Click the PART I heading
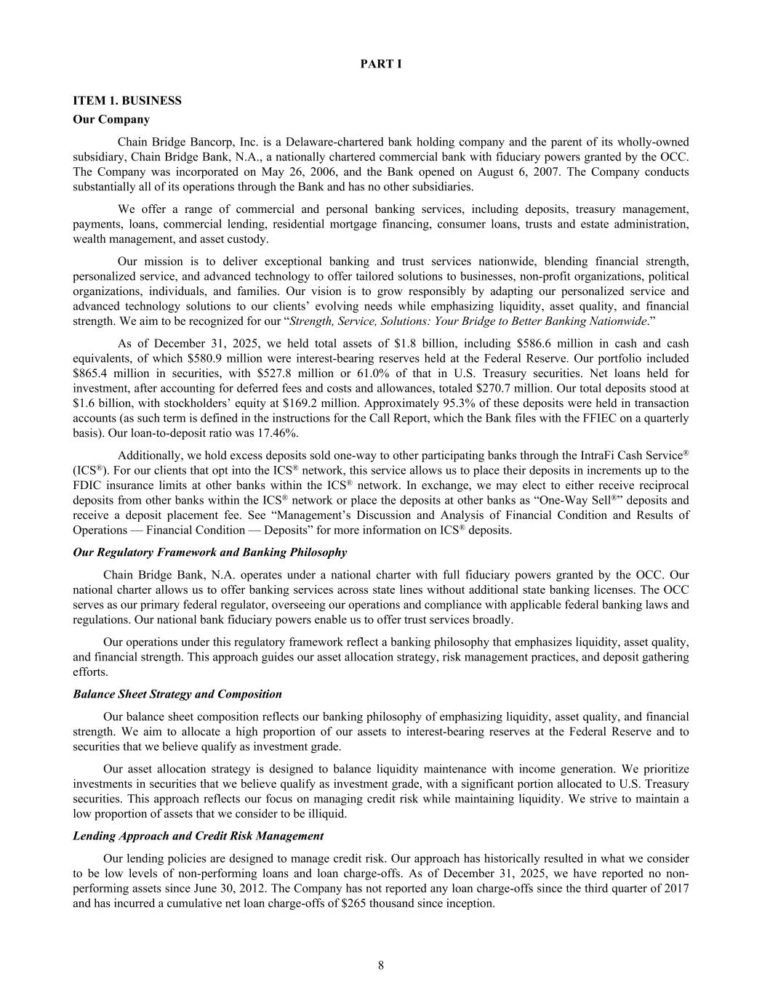click(x=381, y=64)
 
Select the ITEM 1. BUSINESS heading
click(x=127, y=100)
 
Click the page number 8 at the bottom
click(x=381, y=965)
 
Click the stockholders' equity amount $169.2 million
click(x=305, y=403)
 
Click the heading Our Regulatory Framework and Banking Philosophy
click(x=210, y=552)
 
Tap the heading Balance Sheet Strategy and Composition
click(x=177, y=694)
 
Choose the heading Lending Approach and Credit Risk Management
click(x=198, y=836)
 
